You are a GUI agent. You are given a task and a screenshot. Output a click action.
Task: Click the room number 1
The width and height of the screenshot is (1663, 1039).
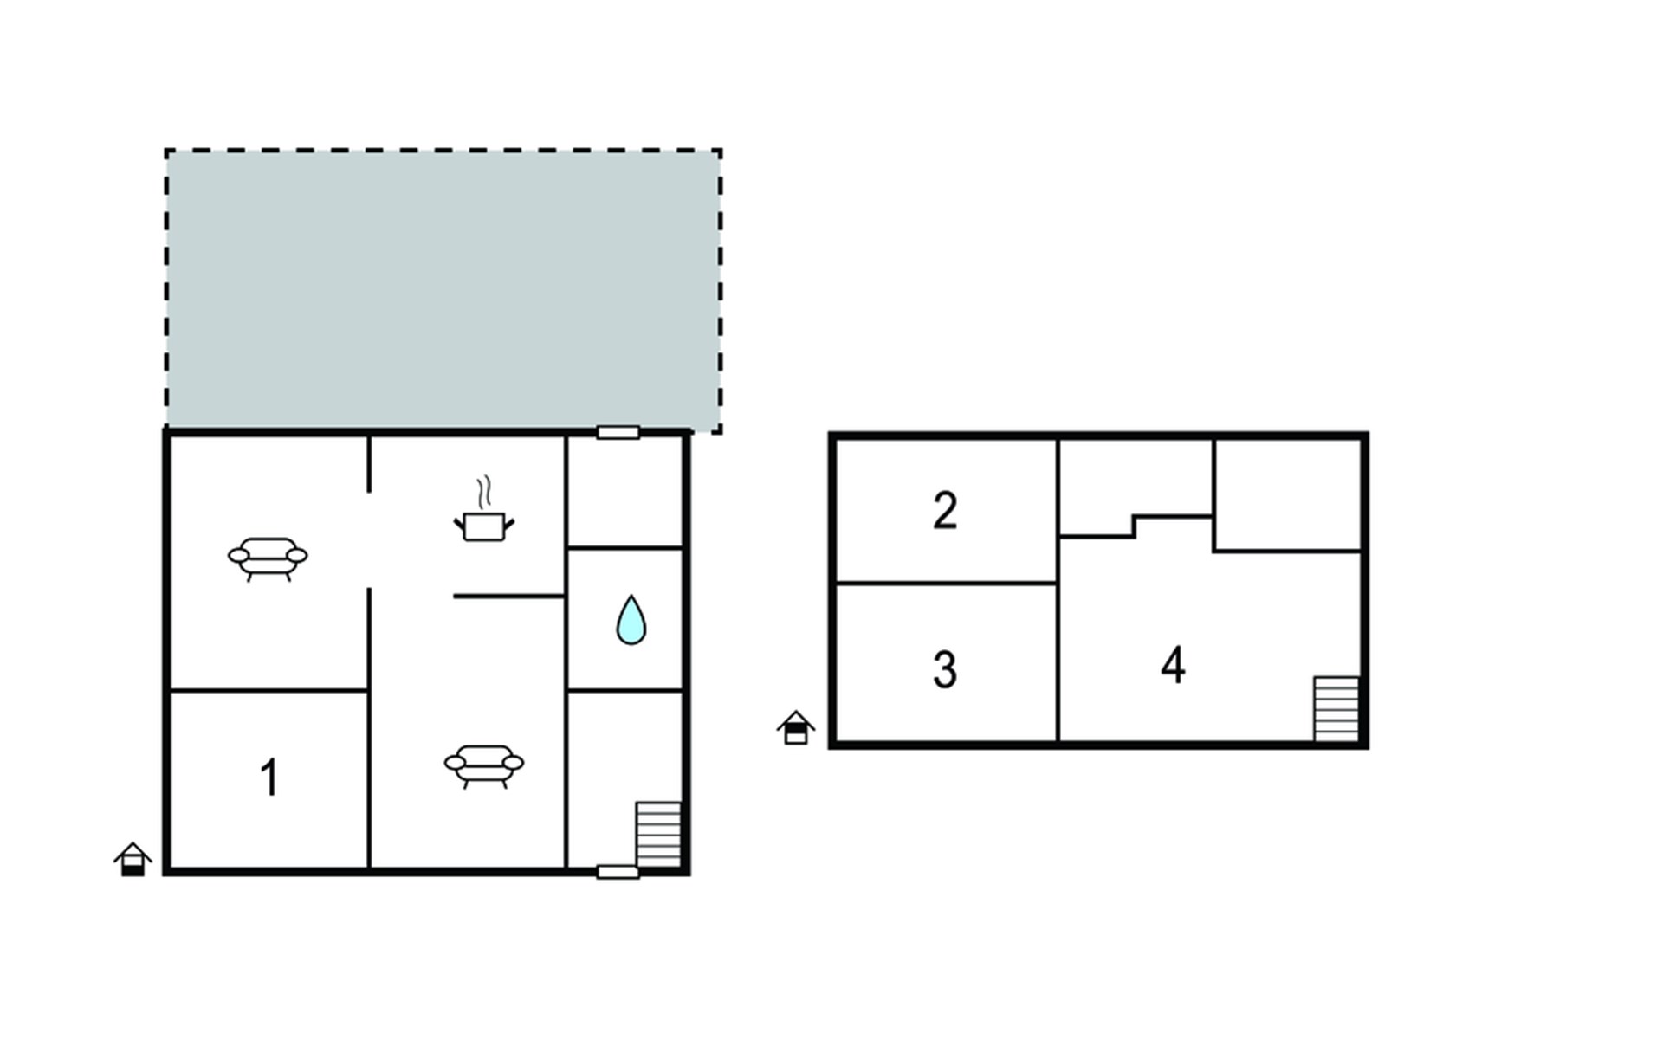269,778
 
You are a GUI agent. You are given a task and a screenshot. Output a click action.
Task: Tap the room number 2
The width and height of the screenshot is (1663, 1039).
945,510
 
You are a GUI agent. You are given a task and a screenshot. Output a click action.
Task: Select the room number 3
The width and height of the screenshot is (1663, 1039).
945,669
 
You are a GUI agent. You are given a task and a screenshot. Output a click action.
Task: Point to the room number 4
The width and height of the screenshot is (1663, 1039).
1173,665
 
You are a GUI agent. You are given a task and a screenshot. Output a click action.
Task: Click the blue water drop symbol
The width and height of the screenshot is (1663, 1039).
631,620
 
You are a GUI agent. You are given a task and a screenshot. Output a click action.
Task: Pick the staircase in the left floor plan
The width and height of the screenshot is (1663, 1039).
659,834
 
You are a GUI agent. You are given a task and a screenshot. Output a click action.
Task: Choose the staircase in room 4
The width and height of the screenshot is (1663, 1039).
1336,709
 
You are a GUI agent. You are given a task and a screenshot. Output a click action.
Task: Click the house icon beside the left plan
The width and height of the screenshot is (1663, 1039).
133,859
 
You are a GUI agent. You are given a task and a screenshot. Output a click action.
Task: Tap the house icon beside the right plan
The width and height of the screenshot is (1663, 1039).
796,727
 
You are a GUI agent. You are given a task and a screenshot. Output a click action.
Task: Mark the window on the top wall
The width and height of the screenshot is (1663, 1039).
618,432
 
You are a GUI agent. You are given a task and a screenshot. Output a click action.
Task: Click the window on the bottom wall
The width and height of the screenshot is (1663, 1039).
618,872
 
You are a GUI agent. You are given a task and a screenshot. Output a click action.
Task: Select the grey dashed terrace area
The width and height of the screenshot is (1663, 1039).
443,290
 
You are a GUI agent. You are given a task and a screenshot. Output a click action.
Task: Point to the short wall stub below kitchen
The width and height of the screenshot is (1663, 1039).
509,596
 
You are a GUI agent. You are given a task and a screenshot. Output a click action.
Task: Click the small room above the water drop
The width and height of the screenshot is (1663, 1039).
625,491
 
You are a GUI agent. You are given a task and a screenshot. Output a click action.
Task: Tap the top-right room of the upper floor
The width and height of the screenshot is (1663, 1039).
1288,494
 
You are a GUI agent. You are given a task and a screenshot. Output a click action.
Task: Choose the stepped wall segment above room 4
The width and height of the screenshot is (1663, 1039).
1135,526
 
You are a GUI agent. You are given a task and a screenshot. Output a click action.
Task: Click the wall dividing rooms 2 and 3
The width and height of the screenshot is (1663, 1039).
946,583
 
